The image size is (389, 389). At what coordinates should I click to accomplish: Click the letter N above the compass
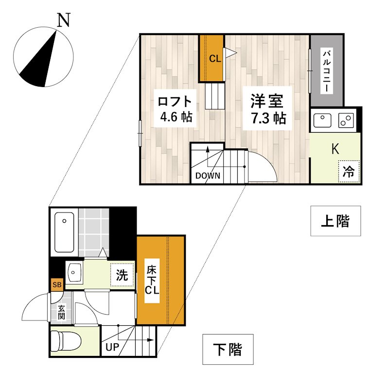coord(64,20)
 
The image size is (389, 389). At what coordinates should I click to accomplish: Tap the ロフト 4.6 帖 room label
coord(175,108)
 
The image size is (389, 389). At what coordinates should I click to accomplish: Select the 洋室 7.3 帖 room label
coord(267,108)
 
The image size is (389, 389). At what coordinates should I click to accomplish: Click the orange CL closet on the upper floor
coord(212,58)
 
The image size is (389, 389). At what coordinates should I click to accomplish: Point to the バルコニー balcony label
coord(327,71)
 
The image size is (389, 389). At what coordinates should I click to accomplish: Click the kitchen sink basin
coord(322,120)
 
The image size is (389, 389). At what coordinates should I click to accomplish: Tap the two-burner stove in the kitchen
coord(346,120)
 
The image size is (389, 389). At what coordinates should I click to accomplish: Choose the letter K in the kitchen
coord(335,149)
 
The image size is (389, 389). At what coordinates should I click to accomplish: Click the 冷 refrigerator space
coord(349,172)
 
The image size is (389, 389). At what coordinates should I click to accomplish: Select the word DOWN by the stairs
coord(208,176)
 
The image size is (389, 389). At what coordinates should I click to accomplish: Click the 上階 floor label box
coord(336,221)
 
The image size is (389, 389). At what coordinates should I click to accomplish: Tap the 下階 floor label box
coord(228,349)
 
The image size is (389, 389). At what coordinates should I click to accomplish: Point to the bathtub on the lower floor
coord(65,232)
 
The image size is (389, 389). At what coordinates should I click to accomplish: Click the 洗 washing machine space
coord(122,275)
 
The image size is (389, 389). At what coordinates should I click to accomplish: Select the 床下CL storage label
coord(152,281)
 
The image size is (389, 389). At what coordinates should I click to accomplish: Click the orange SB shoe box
coord(57,284)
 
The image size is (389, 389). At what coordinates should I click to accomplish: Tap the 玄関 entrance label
coord(61,312)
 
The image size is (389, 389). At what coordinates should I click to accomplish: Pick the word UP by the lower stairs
coord(112,347)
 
